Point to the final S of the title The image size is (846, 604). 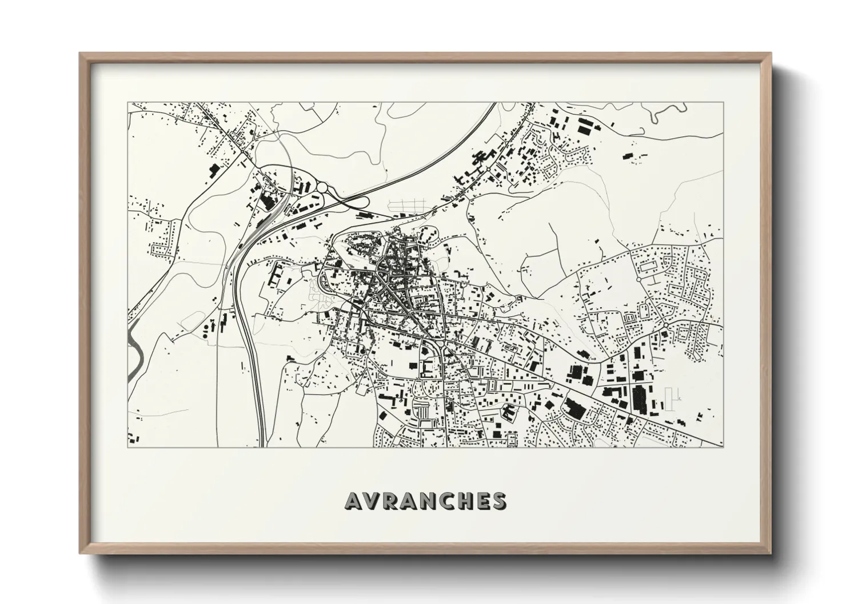tap(499, 501)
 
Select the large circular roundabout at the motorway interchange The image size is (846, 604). tap(322, 187)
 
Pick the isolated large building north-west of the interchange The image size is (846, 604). tap(215, 170)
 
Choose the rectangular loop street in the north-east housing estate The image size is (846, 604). tap(647, 265)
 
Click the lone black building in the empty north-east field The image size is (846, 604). tap(628, 155)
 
